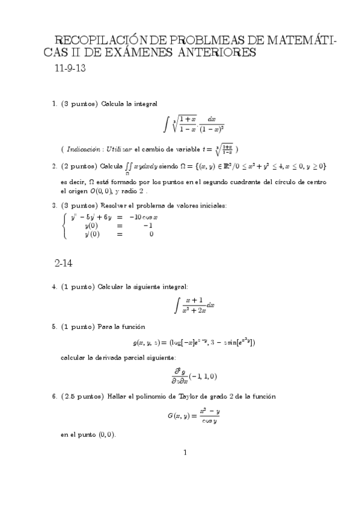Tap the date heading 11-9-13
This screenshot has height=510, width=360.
pos(70,68)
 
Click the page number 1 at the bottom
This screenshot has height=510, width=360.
pos(186,452)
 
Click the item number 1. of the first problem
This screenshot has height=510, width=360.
pos(55,104)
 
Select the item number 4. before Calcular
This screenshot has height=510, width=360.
pos(55,287)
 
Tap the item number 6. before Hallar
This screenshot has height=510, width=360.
pos(55,396)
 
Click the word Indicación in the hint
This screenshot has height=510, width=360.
pos(84,148)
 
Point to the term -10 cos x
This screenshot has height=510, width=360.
pos(144,217)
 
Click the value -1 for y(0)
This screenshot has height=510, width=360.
pos(147,226)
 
